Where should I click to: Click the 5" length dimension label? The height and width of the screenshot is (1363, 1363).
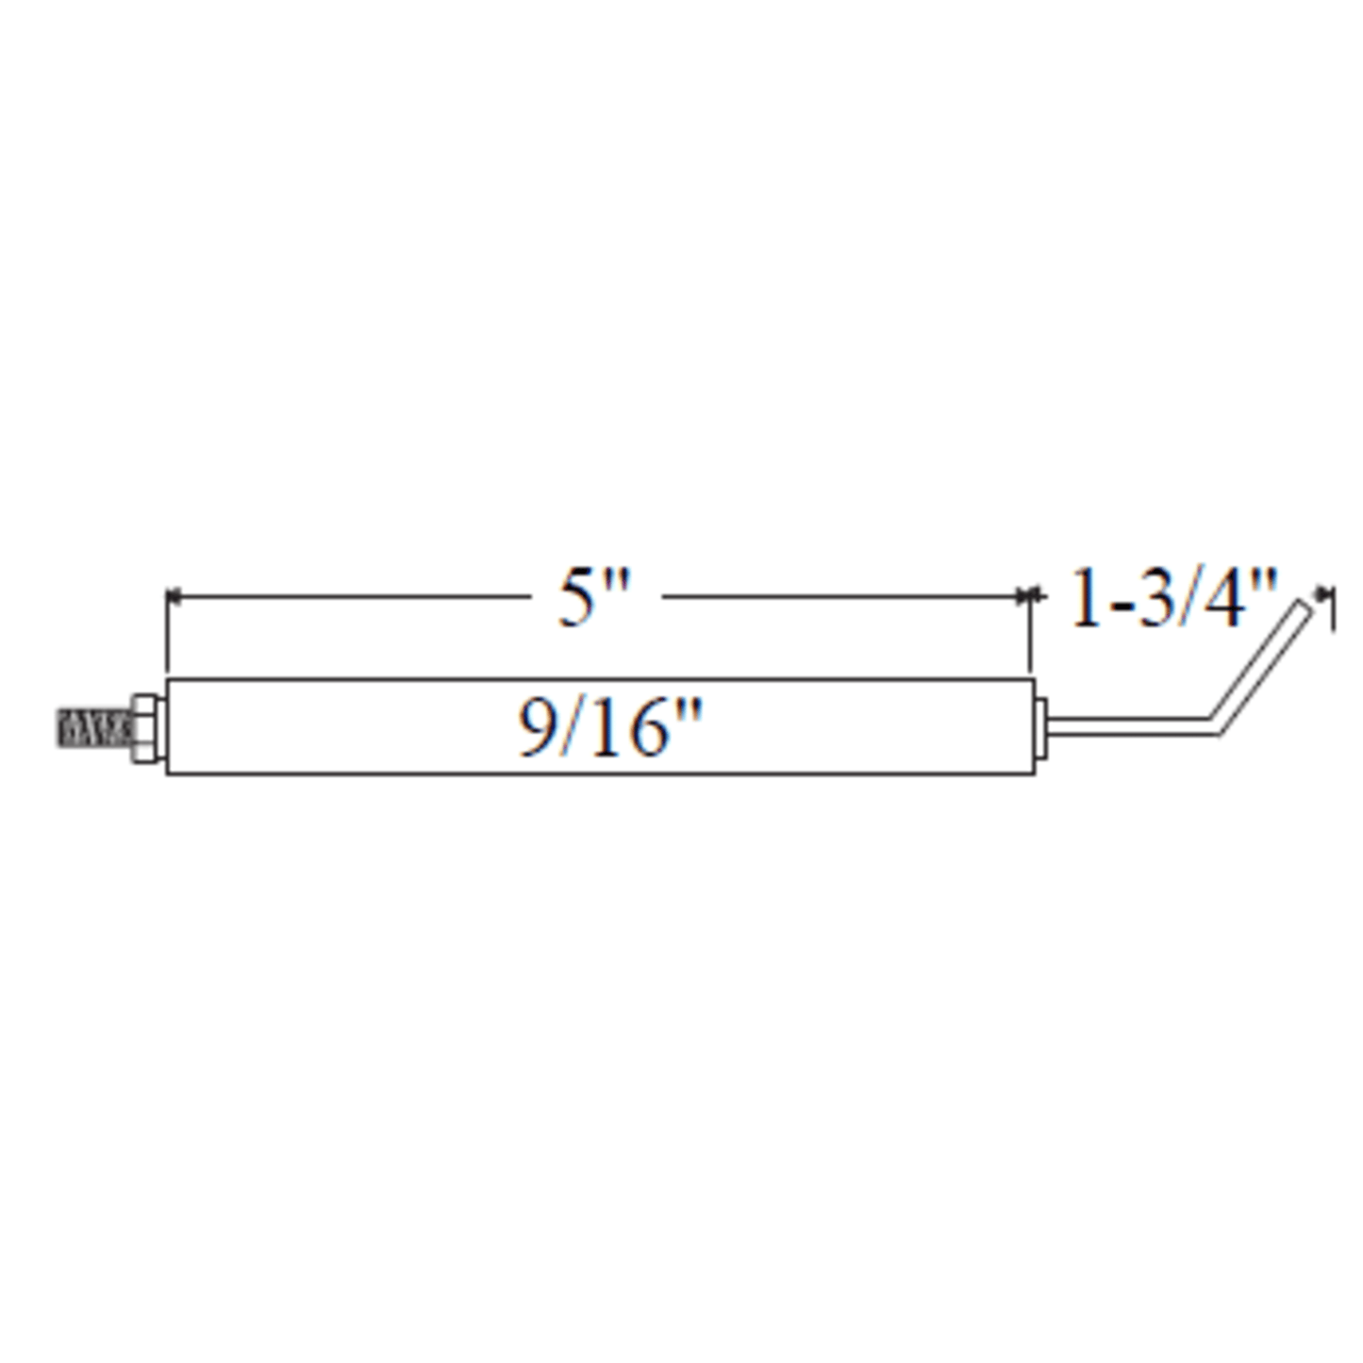click(x=592, y=599)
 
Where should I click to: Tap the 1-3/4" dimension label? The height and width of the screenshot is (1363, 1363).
click(x=1172, y=599)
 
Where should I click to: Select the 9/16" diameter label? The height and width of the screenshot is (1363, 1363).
click(x=610, y=728)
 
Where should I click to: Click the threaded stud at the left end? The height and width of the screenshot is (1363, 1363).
click(x=92, y=728)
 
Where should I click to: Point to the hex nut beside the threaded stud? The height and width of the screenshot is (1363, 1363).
click(x=146, y=728)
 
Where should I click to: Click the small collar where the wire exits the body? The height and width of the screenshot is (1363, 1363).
click(x=1041, y=727)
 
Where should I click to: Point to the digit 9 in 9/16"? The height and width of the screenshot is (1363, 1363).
click(x=537, y=728)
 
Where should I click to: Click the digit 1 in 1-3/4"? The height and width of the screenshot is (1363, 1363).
click(x=1086, y=599)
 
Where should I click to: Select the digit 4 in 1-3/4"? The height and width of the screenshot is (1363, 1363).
click(x=1227, y=599)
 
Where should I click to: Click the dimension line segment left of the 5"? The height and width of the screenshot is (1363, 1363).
click(x=349, y=596)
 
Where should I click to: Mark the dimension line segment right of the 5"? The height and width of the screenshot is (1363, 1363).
click(x=839, y=596)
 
